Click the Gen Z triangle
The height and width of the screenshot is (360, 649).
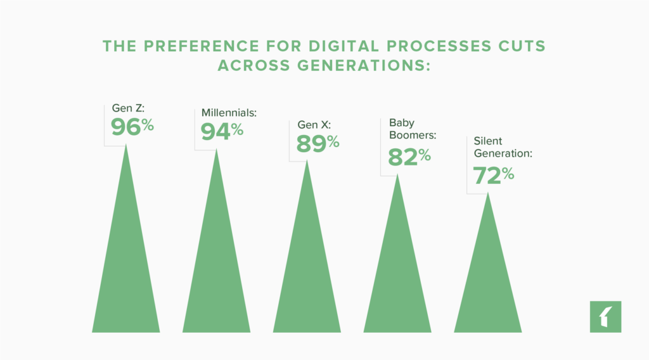pyautogui.click(x=126, y=266)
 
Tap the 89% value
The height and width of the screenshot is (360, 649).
pyautogui.click(x=318, y=143)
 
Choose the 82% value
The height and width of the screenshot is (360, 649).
pyautogui.click(x=409, y=156)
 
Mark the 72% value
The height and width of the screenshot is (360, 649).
pyautogui.click(x=493, y=175)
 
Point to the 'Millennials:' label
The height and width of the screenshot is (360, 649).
pyautogui.click(x=229, y=112)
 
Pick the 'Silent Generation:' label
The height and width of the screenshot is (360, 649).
pyautogui.click(x=503, y=147)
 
